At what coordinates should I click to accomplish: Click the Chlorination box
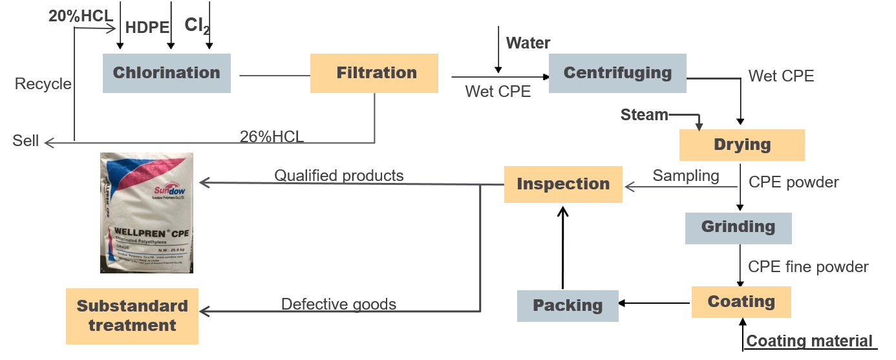(x=165, y=72)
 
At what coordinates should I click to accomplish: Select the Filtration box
(x=375, y=72)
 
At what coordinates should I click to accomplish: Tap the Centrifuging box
(x=617, y=72)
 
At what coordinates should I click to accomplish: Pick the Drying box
(x=741, y=145)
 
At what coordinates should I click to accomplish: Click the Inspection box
(x=563, y=185)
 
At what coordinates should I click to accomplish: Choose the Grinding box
(x=738, y=228)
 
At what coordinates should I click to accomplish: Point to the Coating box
(x=741, y=302)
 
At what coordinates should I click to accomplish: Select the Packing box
(x=568, y=306)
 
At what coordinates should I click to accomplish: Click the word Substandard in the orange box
(x=133, y=306)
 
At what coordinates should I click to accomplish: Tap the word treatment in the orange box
(x=133, y=325)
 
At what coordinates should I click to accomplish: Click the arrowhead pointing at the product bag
(x=205, y=184)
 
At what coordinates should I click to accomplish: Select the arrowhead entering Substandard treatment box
(x=206, y=313)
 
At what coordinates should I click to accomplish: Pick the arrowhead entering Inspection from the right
(x=630, y=188)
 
